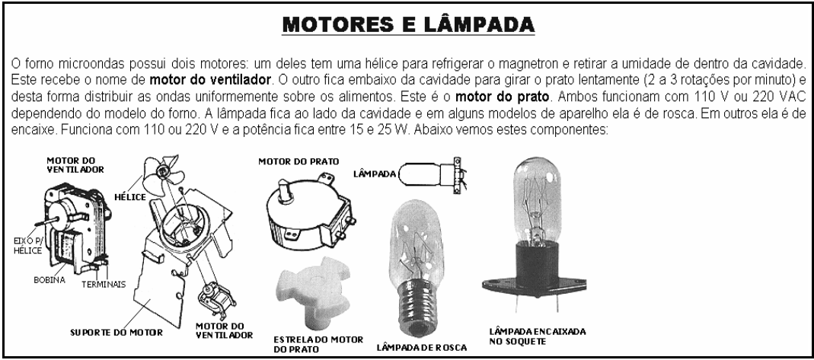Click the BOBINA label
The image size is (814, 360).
(x=49, y=280)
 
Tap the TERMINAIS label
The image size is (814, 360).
(x=104, y=284)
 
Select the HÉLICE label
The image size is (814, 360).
(x=129, y=196)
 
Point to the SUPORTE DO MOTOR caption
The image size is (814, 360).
(x=117, y=332)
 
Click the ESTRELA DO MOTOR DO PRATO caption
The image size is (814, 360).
(x=318, y=345)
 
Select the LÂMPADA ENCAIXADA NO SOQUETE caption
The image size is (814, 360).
(x=538, y=336)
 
